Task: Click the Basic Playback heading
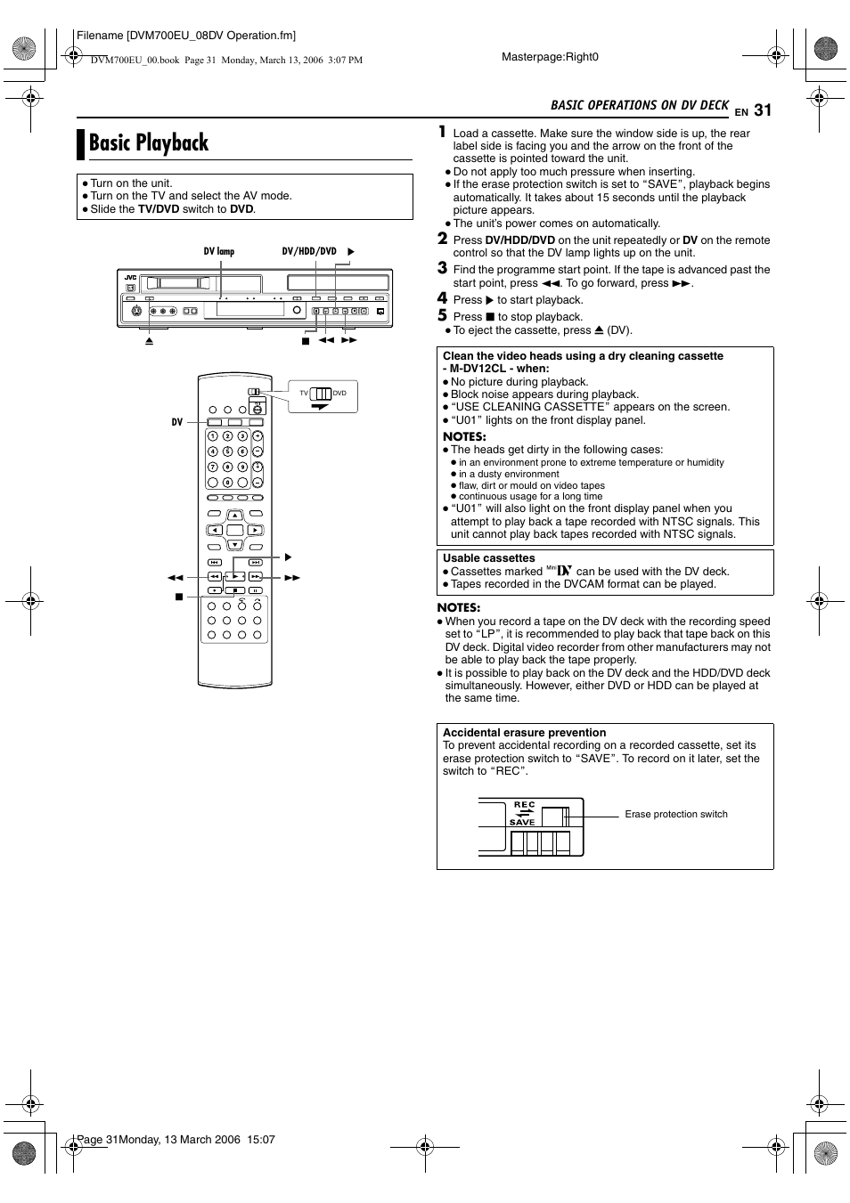(149, 142)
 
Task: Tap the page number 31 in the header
(762, 110)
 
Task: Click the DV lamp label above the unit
(218, 252)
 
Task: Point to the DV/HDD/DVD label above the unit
(309, 252)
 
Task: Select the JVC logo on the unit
(130, 278)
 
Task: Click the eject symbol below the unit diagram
(150, 341)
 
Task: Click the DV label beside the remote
(176, 422)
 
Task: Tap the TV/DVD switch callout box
(323, 395)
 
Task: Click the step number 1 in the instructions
(442, 132)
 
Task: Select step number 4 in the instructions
(442, 298)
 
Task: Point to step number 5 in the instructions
(442, 315)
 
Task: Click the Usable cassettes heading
(489, 558)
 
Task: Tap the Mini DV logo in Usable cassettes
(559, 570)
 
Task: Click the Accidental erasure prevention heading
(524, 733)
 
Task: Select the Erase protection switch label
(676, 814)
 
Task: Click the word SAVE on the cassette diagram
(522, 823)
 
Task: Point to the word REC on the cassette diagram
(524, 804)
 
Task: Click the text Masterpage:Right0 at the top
(550, 57)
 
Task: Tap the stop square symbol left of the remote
(178, 597)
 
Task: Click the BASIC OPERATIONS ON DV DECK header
(639, 105)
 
